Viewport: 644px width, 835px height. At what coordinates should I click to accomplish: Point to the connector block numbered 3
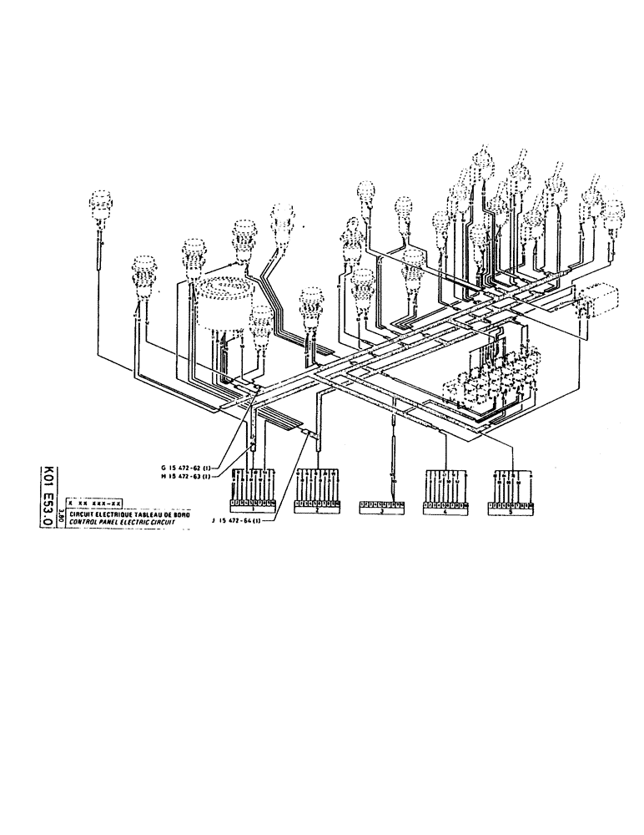point(382,506)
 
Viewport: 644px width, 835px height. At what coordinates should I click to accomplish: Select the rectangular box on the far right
point(599,301)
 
